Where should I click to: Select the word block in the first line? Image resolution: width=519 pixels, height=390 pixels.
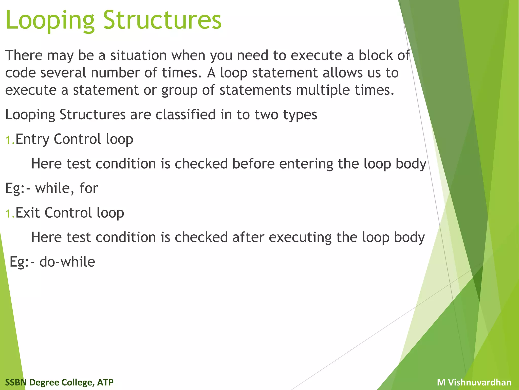(x=375, y=55)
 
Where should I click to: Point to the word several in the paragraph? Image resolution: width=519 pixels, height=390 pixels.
(x=63, y=73)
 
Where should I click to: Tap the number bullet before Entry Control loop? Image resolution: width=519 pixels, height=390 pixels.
(x=10, y=140)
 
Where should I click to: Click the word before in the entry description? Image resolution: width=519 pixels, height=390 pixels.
(x=253, y=164)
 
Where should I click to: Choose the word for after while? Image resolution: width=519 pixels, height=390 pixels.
(x=88, y=188)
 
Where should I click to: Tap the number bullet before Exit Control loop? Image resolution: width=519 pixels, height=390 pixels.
(x=10, y=214)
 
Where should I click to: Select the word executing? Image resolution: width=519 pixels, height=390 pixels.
(x=300, y=237)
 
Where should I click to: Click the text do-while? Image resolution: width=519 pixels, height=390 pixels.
(x=67, y=262)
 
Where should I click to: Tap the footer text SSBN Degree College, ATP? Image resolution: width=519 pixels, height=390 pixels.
(x=59, y=382)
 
